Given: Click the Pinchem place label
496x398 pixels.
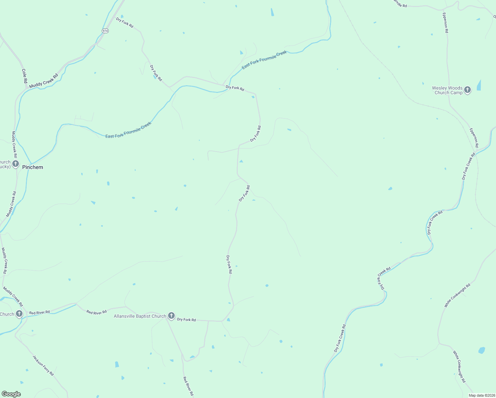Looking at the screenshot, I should tap(32, 167).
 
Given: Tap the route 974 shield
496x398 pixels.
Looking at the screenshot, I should tap(105, 31).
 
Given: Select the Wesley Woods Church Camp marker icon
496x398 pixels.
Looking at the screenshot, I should tap(467, 90).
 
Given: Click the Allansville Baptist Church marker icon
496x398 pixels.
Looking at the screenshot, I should tap(171, 316).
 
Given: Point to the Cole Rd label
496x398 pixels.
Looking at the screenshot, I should tap(24, 76).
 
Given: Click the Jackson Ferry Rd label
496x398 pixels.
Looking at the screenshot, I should tap(43, 365).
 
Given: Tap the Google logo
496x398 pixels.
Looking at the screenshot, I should tap(11, 394).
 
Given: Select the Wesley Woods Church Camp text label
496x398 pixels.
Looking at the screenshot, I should tap(447, 90).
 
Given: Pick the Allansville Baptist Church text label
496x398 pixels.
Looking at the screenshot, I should tap(140, 316).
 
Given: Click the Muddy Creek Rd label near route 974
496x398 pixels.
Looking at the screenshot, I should tap(43, 81).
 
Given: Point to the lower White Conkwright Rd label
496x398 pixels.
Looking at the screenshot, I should tap(459, 367).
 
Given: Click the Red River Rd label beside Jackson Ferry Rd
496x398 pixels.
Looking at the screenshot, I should tap(39, 312).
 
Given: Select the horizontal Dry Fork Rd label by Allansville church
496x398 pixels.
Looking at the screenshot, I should tap(186, 320).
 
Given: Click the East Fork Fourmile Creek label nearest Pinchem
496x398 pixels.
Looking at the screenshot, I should tap(128, 130).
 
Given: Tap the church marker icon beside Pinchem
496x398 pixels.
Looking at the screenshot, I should tap(16, 164).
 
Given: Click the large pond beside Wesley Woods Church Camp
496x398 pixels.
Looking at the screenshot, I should tap(479, 85).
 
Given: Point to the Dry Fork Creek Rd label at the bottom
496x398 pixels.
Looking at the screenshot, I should tap(340, 338).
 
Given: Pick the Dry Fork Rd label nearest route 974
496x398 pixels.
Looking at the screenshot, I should tap(125, 22).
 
